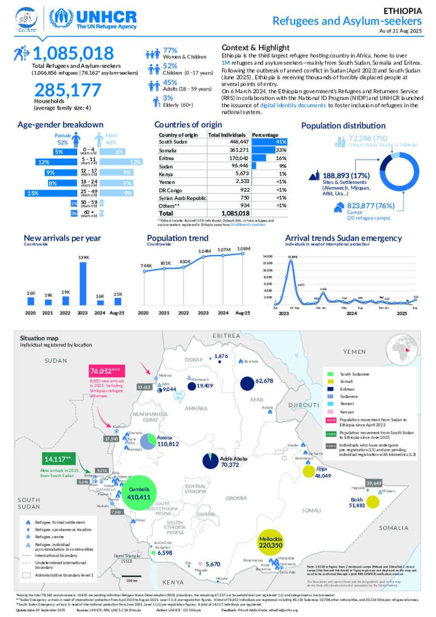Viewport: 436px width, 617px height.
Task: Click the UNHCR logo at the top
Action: (93, 19)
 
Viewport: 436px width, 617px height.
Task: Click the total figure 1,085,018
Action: (73, 54)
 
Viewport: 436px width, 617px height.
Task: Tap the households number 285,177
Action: (68, 90)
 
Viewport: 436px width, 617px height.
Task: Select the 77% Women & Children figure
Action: (170, 51)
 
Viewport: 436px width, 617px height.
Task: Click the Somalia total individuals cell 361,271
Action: (239, 150)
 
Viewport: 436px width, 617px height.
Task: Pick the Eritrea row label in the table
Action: (166, 158)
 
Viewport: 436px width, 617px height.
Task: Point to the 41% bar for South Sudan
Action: (269, 142)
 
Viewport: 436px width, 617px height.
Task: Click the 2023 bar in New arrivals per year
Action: (83, 283)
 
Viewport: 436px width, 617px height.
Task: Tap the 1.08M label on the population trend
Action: (244, 249)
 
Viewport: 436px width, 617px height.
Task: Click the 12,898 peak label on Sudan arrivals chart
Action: (292, 257)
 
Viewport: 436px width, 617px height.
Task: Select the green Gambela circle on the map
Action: (139, 493)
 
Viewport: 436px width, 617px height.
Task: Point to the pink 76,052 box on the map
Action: (106, 371)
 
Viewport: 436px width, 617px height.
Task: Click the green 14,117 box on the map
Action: (57, 459)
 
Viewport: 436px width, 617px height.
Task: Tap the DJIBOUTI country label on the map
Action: (304, 405)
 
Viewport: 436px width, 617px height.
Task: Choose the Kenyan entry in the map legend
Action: (347, 412)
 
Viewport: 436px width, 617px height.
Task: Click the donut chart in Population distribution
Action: (399, 171)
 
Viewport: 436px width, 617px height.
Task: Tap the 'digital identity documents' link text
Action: (293, 105)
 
